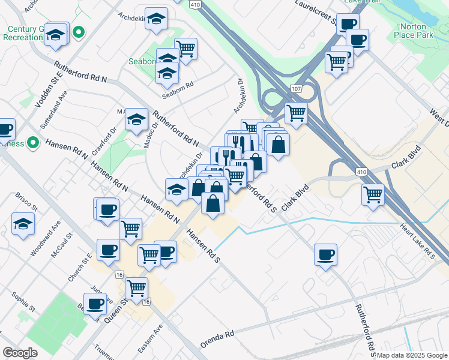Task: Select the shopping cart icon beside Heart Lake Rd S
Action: (x=373, y=194)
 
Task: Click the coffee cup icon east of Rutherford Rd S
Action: (x=325, y=255)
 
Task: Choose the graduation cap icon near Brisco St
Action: (x=23, y=224)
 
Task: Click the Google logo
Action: (x=20, y=353)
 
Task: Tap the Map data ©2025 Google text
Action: (x=411, y=355)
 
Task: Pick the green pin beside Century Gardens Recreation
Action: (x=79, y=32)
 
